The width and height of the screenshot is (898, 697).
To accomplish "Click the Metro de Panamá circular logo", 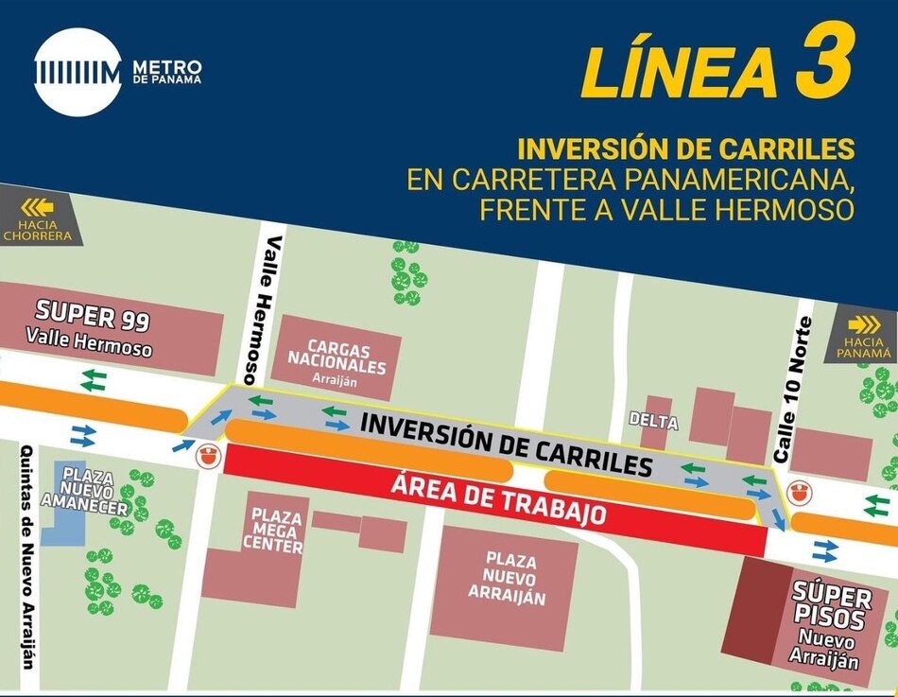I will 78,72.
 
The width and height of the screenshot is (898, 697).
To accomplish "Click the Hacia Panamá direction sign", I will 863,335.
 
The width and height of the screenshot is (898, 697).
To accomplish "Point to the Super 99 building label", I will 92,326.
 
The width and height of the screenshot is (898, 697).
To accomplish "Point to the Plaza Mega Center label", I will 277,529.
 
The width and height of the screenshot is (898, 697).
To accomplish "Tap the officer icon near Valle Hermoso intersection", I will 206,455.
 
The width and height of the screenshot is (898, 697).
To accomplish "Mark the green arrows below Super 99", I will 93,380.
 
